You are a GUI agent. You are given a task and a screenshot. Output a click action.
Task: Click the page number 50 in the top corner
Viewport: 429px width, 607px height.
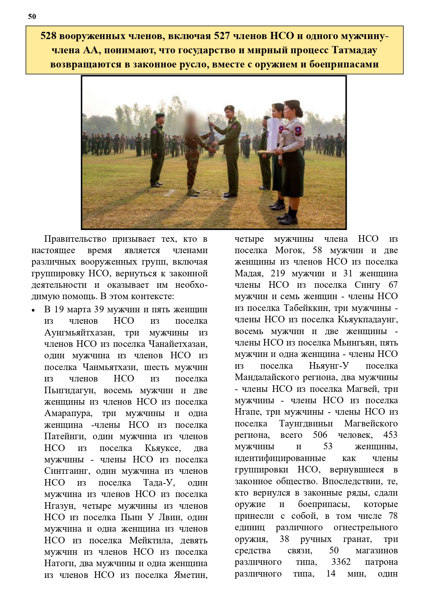pos(32,17)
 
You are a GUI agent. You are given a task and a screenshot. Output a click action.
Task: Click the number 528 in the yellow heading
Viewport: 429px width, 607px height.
pos(48,36)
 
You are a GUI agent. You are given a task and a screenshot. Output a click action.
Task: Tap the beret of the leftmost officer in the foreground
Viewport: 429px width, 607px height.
pos(160,115)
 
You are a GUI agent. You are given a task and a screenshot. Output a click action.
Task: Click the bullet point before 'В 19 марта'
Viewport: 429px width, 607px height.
pos(34,310)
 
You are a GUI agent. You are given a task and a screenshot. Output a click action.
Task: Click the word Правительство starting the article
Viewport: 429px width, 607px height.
pos(75,239)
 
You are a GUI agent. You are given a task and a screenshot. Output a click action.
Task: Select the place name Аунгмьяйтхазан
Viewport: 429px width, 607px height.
pos(79,333)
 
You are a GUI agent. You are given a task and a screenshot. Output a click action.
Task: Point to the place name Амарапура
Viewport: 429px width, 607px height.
pos(68,414)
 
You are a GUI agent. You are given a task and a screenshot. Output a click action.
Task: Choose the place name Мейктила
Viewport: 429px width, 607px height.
pos(149,541)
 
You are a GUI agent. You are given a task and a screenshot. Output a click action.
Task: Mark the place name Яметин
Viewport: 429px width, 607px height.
pos(190,575)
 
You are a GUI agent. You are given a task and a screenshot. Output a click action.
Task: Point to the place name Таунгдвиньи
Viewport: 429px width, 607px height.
pos(306,424)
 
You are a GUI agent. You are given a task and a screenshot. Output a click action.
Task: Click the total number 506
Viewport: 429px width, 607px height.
pos(320,435)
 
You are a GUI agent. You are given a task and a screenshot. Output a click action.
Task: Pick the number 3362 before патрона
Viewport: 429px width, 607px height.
pos(341,562)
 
